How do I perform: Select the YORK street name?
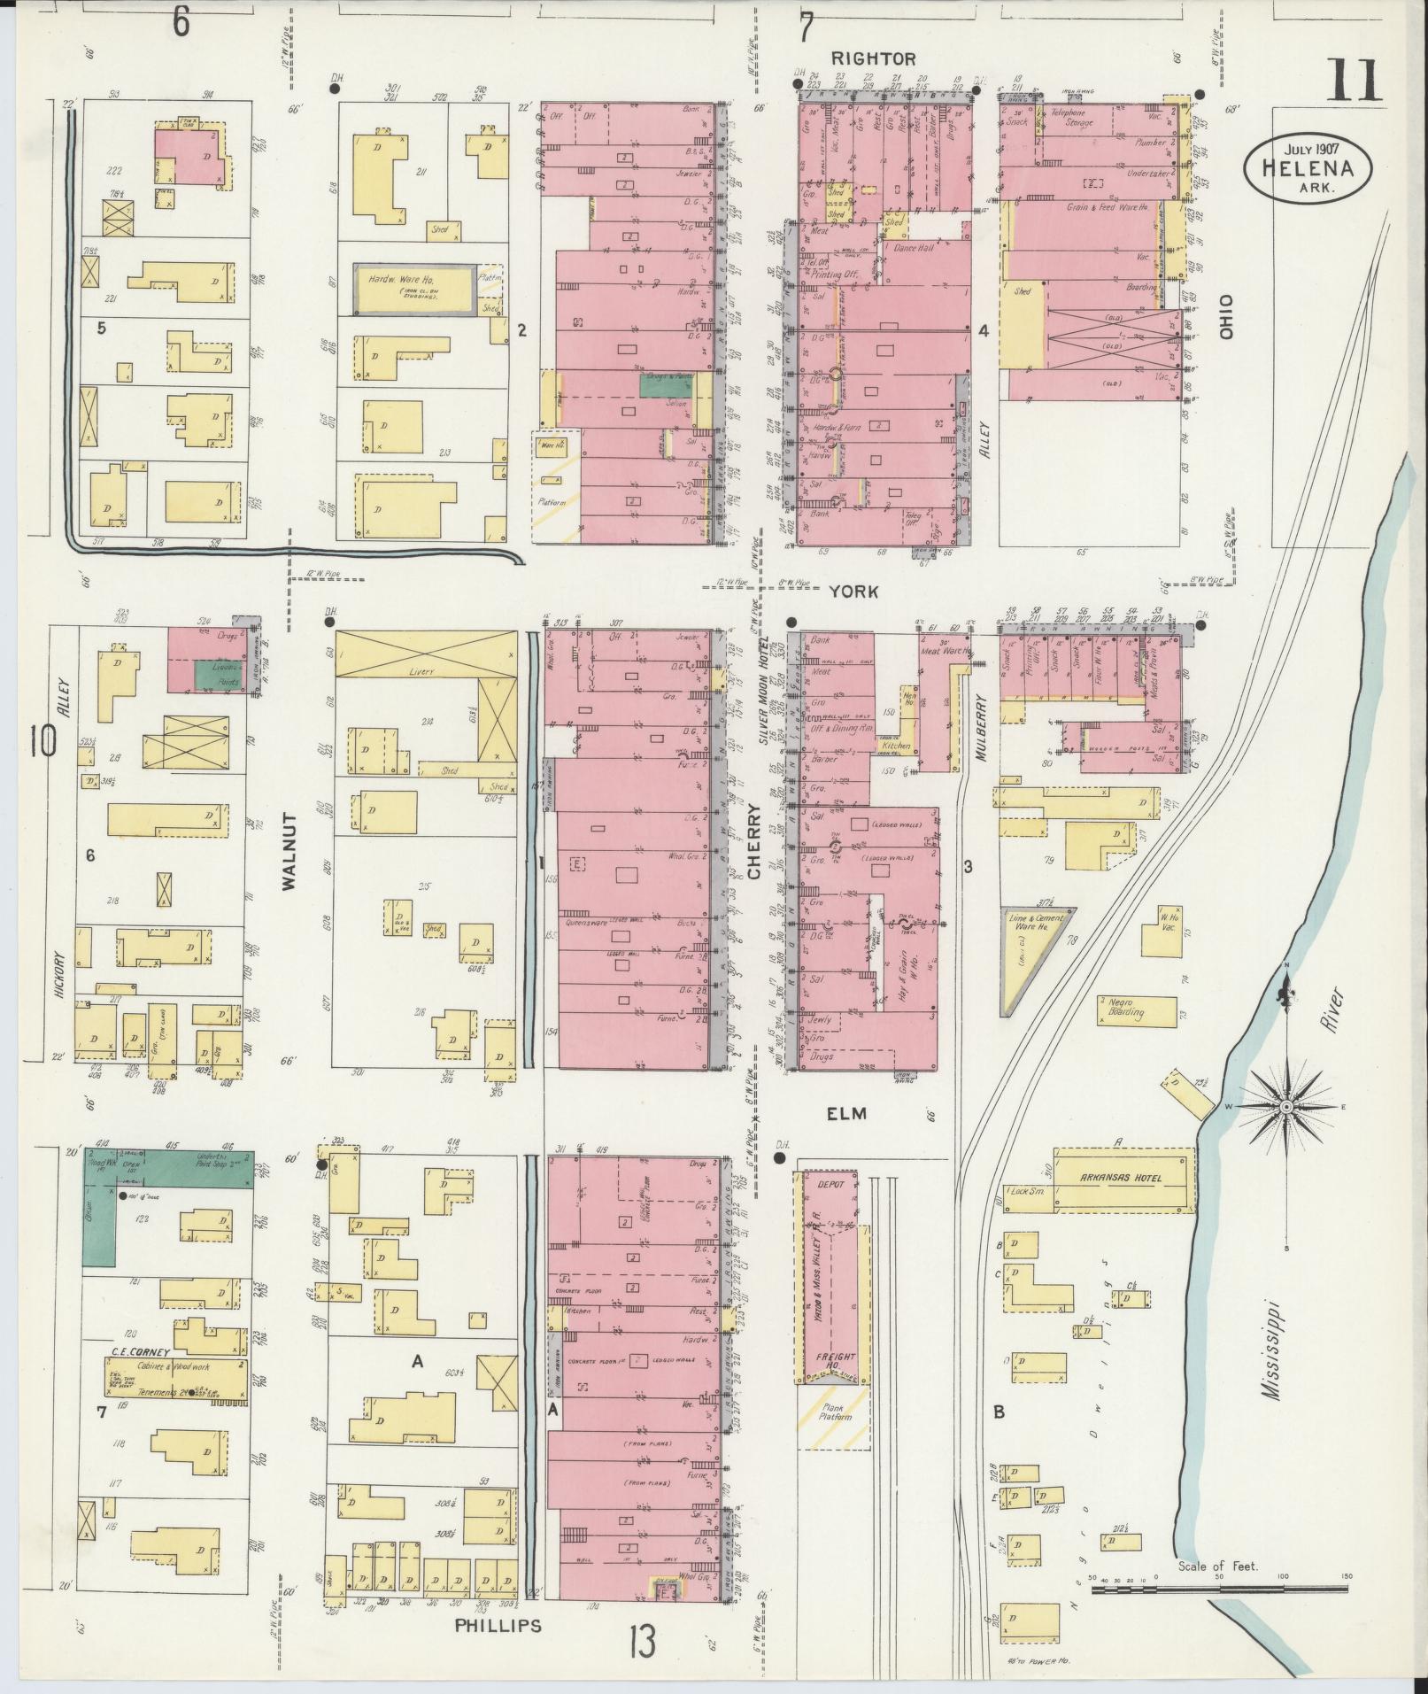pos(854,592)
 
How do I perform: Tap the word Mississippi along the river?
pos(1272,1363)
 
